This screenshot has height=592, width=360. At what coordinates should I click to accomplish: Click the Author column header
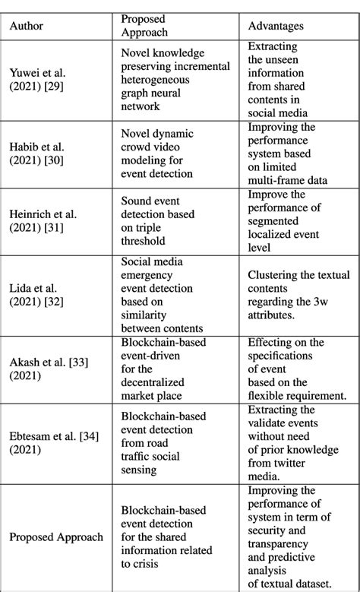coord(27,26)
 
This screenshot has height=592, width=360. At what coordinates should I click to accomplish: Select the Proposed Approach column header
coord(145,26)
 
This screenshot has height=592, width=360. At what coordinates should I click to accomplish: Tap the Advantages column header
coord(276,26)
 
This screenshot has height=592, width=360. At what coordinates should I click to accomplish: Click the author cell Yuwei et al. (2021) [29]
coord(37,82)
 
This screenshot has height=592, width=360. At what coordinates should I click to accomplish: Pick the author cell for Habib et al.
coord(37,154)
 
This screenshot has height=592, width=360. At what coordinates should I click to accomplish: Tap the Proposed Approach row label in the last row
coord(56,537)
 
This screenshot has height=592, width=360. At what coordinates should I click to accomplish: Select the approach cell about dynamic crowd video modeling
coord(157,154)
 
